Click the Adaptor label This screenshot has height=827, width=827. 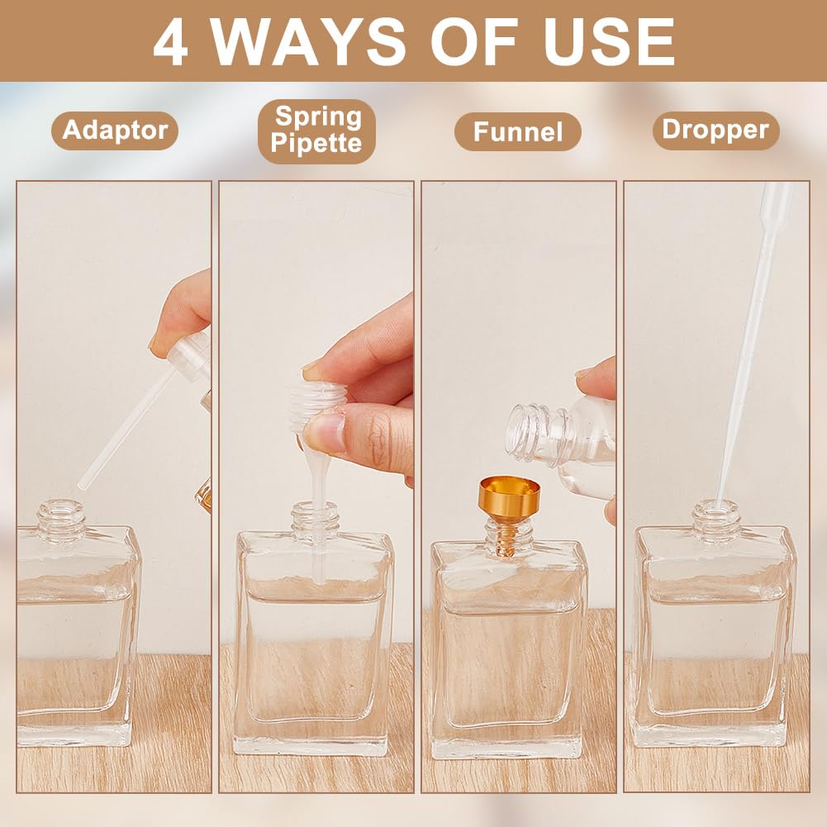tap(115, 131)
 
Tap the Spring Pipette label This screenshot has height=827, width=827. tap(316, 131)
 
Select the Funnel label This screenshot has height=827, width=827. tap(517, 131)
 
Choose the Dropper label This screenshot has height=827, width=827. tap(715, 131)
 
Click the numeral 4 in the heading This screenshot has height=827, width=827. tap(170, 42)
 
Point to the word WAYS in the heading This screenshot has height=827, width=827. tap(309, 42)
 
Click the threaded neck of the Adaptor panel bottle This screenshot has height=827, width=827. tap(60, 518)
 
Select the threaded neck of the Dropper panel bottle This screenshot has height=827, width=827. tap(716, 519)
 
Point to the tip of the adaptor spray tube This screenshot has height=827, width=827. tap(81, 486)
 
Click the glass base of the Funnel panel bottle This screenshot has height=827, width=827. tap(506, 744)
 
